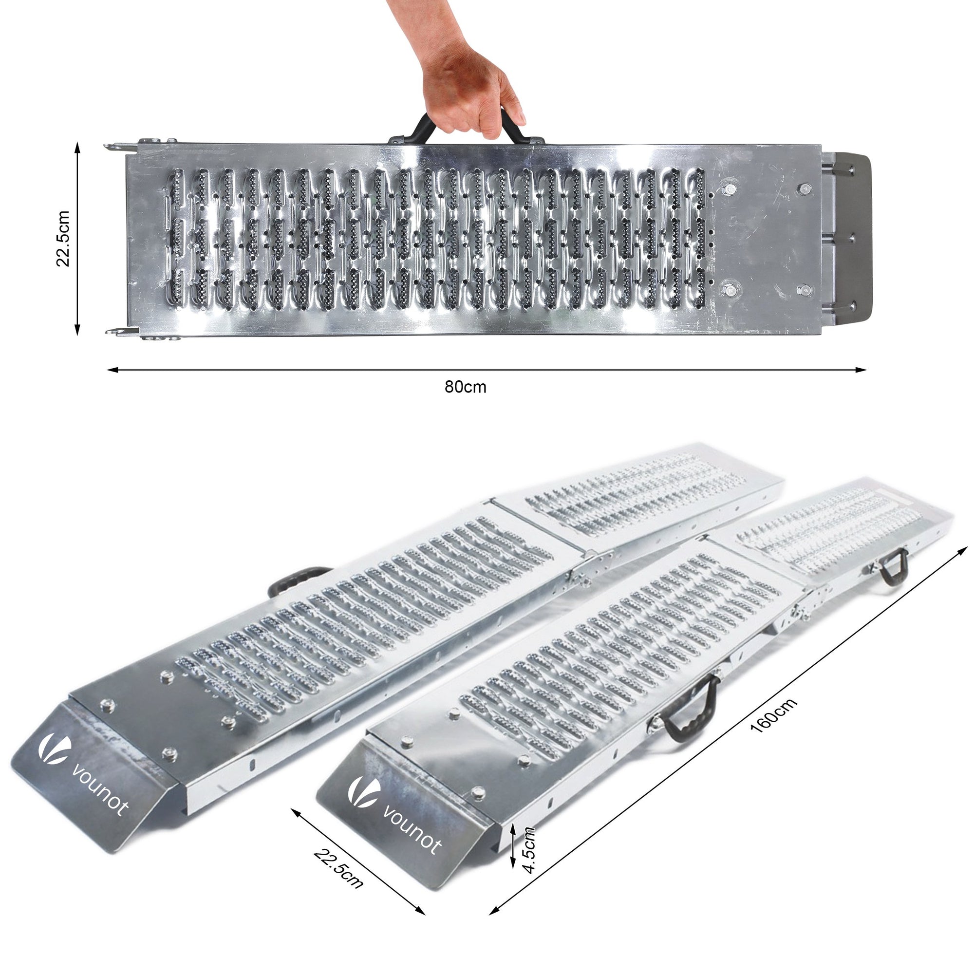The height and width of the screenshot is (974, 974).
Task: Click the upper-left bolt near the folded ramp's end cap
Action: (730, 189)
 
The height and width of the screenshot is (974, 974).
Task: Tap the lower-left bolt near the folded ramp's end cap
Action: (729, 289)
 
